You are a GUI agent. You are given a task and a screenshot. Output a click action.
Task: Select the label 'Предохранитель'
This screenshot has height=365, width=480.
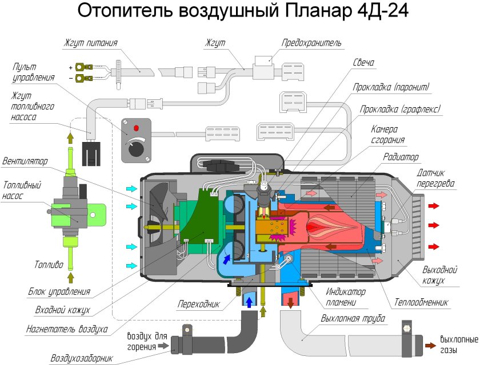click(x=311, y=43)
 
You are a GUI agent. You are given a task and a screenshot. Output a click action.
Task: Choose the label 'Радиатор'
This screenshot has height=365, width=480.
click(x=402, y=157)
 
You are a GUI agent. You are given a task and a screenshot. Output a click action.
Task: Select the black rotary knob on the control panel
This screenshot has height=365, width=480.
click(x=136, y=149)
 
